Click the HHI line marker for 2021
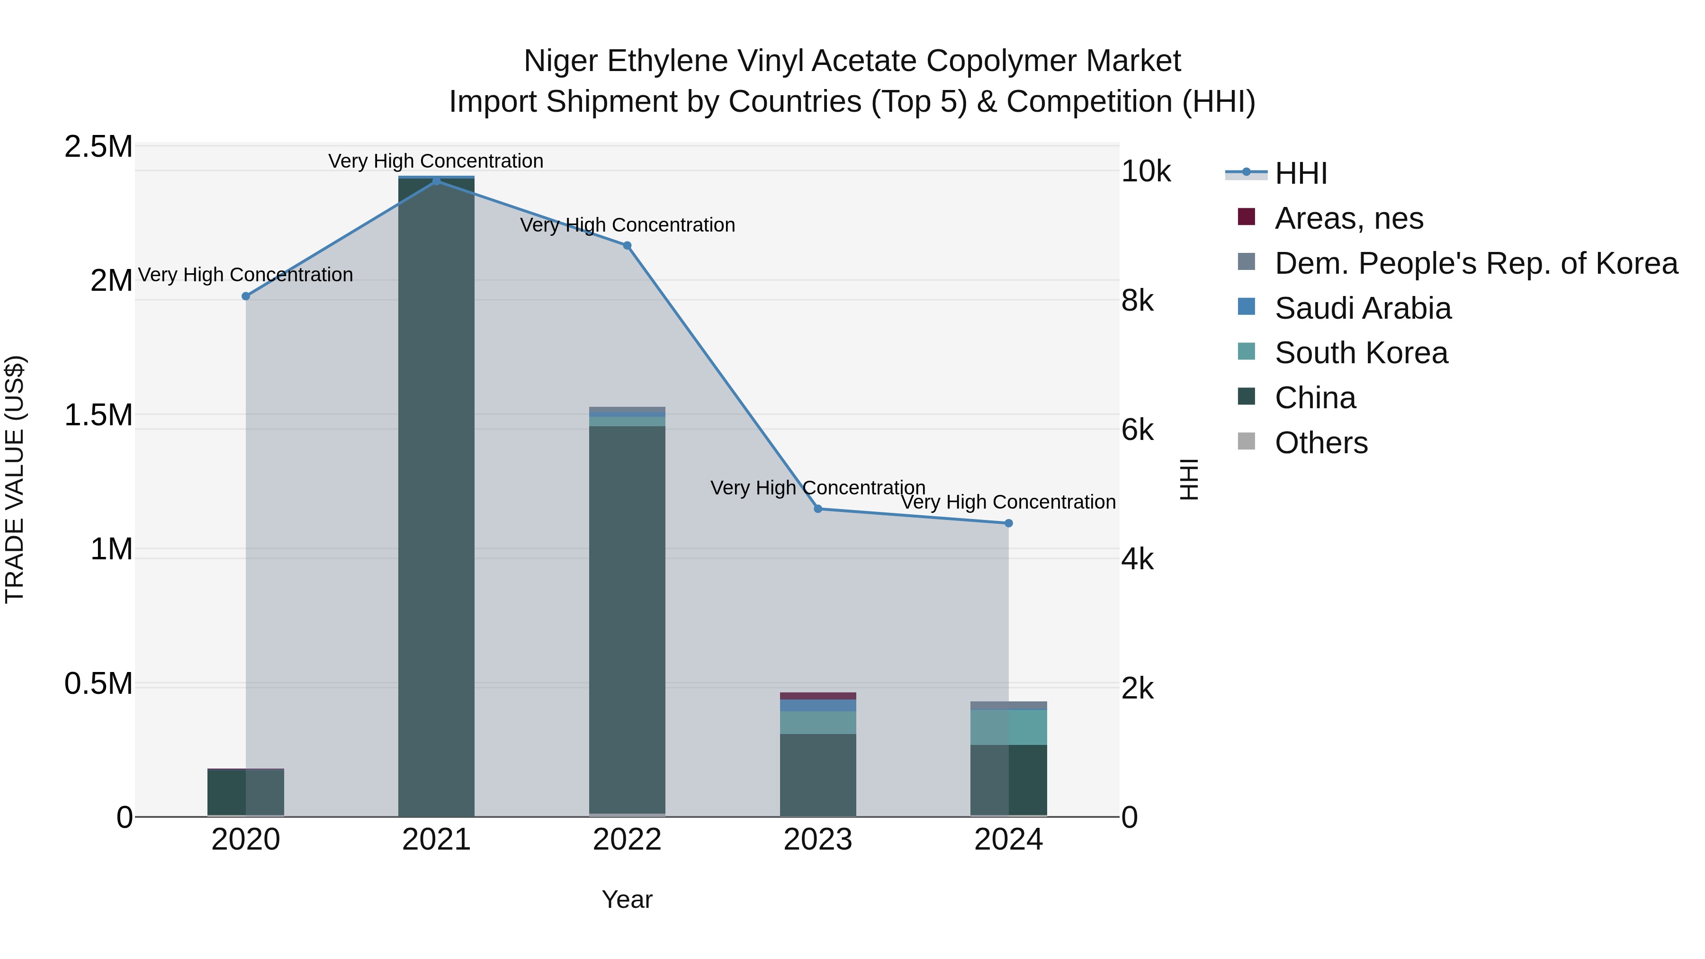click(436, 181)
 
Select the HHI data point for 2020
click(245, 296)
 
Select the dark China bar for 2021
click(436, 496)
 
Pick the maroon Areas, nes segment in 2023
click(817, 696)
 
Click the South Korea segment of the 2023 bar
click(817, 722)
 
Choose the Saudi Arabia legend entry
click(1362, 308)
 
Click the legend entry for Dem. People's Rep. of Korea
click(1475, 263)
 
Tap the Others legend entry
click(1320, 443)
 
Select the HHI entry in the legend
click(1301, 173)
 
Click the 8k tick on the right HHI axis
click(1137, 301)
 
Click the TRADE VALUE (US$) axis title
click(15, 479)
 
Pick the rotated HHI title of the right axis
click(1189, 479)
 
